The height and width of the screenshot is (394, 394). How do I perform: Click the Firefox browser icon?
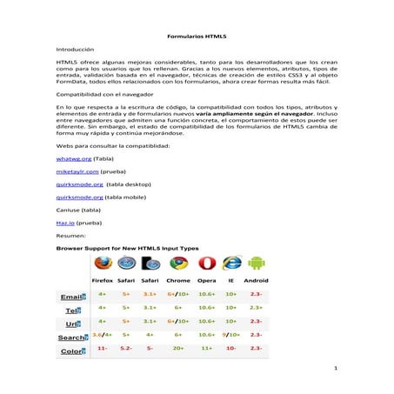pyautogui.click(x=103, y=263)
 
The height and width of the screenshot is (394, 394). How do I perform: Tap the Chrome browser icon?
pyautogui.click(x=178, y=263)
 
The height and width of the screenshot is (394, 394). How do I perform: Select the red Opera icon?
pyautogui.click(x=206, y=263)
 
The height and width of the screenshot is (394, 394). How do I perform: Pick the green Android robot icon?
pyautogui.click(x=256, y=263)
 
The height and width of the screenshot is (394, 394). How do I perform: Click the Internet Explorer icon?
pyautogui.click(x=231, y=263)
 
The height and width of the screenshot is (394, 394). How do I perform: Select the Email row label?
pyautogui.click(x=72, y=297)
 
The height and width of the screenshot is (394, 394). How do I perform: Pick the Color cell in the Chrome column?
pyautogui.click(x=178, y=348)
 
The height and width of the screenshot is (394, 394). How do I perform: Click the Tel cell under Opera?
pyautogui.click(x=206, y=307)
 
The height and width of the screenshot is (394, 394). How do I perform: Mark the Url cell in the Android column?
pyautogui.click(x=256, y=321)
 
